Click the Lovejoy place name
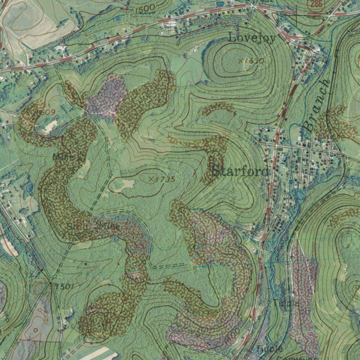coord(252,37)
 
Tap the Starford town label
coord(241,172)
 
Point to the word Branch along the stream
coord(317,106)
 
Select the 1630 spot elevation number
coord(254,61)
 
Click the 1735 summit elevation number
coord(165,179)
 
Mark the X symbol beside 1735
coord(152,179)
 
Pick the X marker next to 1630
coord(241,61)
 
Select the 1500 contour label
coord(144,8)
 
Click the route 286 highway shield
coord(315,4)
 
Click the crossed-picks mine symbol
coord(79,159)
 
